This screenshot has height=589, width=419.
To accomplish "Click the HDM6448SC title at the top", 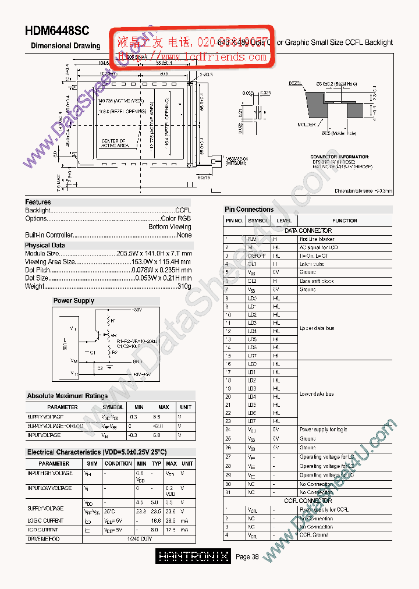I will click(57, 33).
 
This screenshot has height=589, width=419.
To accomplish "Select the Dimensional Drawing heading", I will click(65, 45).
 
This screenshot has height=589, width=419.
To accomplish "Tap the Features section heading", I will click(38, 202).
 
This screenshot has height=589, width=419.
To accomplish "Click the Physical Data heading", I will click(45, 245).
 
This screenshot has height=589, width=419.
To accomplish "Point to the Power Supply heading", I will click(73, 301).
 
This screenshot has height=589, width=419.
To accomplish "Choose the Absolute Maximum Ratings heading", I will click(67, 396).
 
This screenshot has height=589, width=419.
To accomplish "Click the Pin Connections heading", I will click(248, 210).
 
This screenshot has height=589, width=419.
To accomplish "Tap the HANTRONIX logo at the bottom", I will click(194, 557).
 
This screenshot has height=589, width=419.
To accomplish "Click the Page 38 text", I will click(247, 557).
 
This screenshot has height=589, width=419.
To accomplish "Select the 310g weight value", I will click(184, 286).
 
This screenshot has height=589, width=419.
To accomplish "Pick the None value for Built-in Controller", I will click(184, 235).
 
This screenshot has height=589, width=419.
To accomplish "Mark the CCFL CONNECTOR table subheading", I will click(308, 501).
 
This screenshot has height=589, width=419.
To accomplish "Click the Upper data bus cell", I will click(317, 328).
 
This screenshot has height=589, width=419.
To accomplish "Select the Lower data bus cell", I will click(317, 394).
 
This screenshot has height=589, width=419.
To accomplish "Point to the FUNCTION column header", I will click(345, 221).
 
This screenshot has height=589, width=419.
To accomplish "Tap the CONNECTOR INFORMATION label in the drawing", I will click(339, 157).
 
